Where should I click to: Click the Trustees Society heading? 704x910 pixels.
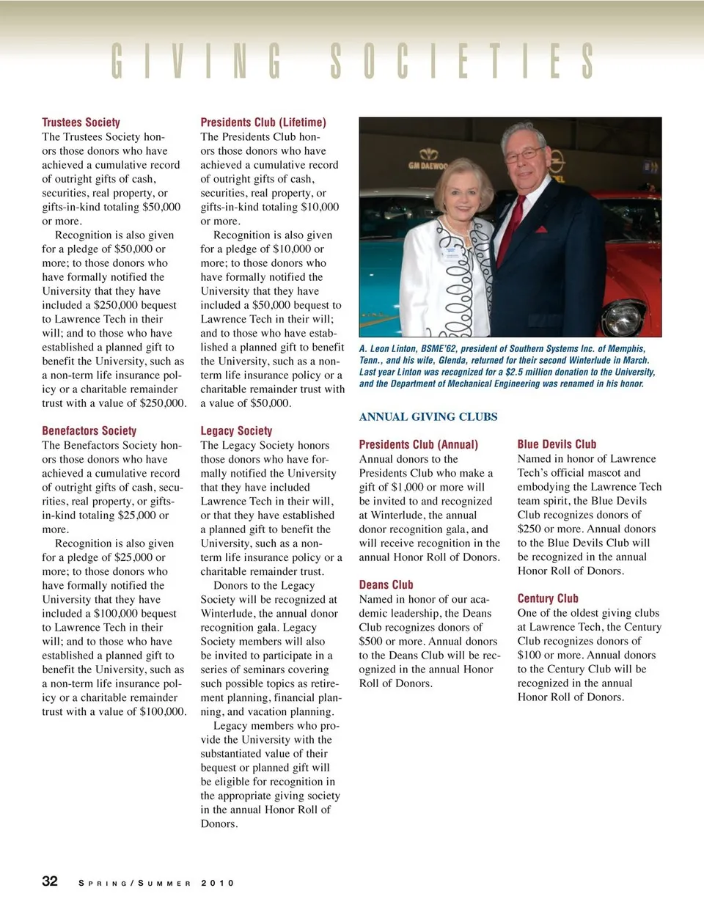[x=81, y=122]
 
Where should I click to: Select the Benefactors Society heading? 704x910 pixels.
[x=89, y=431]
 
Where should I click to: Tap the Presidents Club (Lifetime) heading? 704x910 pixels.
[x=263, y=122]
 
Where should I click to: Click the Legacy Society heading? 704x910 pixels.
[x=236, y=431]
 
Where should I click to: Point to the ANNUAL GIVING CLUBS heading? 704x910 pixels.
[x=428, y=417]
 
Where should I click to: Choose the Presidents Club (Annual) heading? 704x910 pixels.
[x=418, y=444]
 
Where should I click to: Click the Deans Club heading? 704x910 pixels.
[x=386, y=584]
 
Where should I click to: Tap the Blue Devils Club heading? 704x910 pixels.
[x=557, y=444]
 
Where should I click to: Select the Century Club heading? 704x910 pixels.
[x=548, y=598]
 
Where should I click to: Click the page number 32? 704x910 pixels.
[x=50, y=881]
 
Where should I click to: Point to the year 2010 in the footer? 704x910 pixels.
[x=217, y=883]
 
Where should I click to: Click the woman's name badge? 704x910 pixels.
[x=449, y=254]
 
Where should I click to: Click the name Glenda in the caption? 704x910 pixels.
[x=452, y=360]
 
